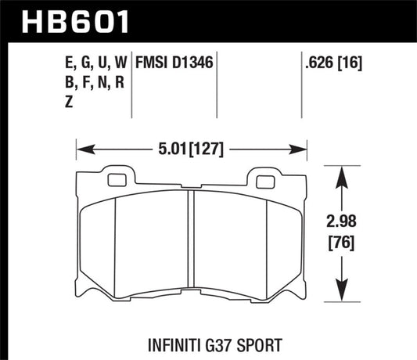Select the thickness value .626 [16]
pyautogui.click(x=329, y=59)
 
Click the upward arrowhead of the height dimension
pyautogui.click(x=342, y=171)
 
